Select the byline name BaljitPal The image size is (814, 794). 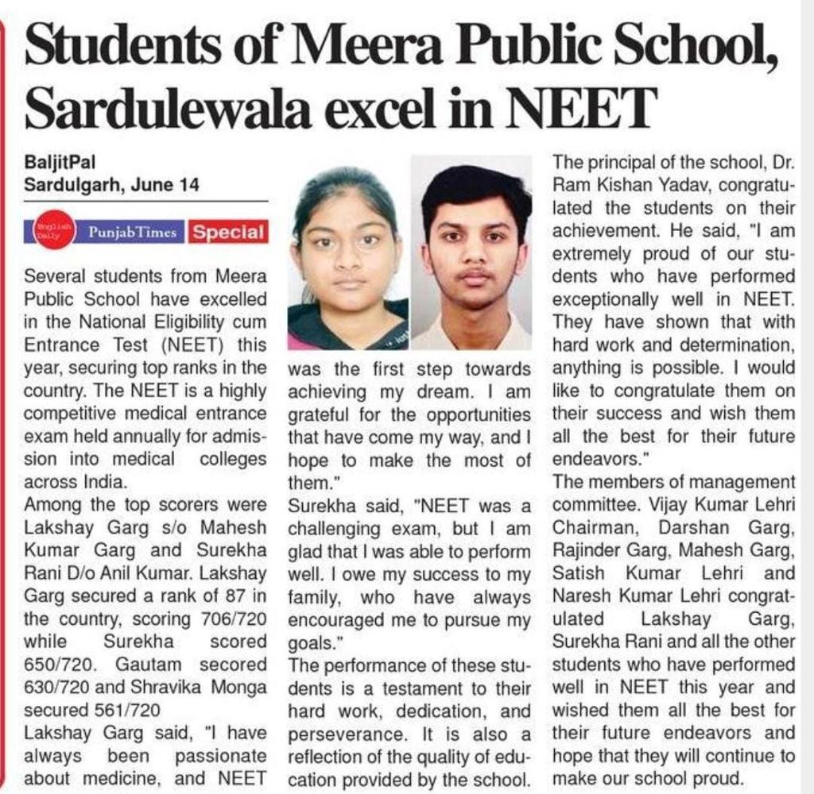click(60, 164)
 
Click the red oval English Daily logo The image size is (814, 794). click(52, 232)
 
